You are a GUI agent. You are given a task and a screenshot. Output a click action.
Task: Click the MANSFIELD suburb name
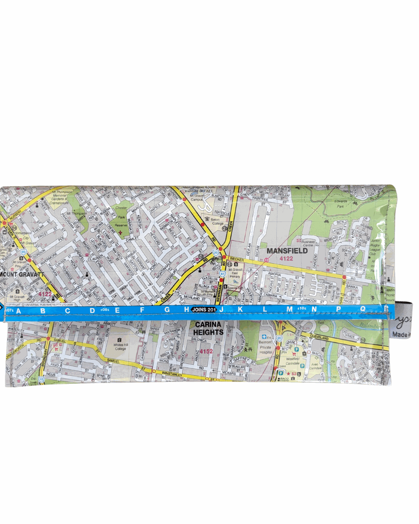tap(287, 251)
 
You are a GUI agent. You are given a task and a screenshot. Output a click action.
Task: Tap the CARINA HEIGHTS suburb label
tap(208, 328)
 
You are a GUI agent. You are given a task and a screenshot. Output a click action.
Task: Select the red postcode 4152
tap(206, 351)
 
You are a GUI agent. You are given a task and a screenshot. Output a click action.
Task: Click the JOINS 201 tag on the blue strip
tap(204, 310)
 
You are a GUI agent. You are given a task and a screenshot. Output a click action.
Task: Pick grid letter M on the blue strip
tap(289, 309)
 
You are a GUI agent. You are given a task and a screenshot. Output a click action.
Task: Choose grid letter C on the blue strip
tap(68, 311)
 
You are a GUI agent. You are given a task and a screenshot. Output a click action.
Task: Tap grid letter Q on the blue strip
tap(363, 309)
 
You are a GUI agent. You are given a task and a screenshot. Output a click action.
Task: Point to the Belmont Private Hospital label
tap(266, 347)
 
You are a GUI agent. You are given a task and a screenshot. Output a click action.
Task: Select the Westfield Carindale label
tap(293, 361)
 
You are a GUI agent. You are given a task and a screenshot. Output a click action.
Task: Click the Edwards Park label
tap(341, 204)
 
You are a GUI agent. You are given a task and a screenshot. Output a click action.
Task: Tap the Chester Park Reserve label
tap(121, 216)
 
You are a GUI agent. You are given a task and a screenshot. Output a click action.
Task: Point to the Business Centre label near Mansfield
tap(308, 243)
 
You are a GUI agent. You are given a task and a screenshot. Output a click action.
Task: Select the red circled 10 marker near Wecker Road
tap(267, 260)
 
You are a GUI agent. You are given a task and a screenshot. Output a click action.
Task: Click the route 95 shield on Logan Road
tap(23, 252)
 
